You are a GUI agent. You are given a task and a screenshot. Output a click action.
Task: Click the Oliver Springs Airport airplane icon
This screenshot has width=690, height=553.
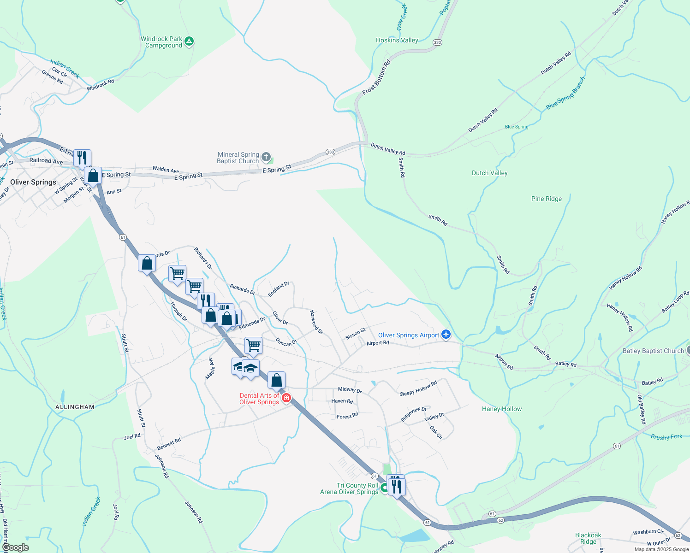[446, 335]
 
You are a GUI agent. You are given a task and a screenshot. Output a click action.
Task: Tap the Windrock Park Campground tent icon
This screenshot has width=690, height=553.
[189, 42]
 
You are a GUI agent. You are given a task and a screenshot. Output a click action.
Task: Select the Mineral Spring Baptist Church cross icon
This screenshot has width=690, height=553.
[266, 158]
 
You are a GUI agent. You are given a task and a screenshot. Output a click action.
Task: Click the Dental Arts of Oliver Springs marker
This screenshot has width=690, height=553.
[286, 398]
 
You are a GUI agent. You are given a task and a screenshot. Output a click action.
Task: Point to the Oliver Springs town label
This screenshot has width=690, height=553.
[33, 182]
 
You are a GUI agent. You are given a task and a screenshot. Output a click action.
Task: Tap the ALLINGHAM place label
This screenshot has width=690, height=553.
[75, 407]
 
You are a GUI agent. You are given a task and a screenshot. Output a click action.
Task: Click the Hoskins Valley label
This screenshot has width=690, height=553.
[397, 40]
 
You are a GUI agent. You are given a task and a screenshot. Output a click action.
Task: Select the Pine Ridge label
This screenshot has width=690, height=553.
[546, 199]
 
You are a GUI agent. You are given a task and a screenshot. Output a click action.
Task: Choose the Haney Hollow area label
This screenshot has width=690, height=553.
[501, 409]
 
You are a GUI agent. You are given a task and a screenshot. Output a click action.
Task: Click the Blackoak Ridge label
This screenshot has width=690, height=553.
[588, 538]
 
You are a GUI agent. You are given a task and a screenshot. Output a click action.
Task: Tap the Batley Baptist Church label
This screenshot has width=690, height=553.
[653, 351]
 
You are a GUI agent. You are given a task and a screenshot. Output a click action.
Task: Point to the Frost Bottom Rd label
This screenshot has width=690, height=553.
[376, 77]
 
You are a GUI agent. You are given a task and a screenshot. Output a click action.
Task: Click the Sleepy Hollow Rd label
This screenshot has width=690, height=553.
[418, 388]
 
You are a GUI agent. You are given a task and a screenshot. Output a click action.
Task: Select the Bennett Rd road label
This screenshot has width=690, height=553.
[169, 444]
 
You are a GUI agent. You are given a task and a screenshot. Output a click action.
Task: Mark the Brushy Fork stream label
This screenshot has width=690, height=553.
[666, 436]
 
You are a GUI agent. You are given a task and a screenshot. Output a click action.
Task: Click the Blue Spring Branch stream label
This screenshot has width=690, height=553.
[565, 93]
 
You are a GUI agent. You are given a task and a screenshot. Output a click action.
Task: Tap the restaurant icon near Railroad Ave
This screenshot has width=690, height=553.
[82, 158]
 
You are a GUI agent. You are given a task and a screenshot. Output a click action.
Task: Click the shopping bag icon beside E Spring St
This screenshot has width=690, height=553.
[93, 176]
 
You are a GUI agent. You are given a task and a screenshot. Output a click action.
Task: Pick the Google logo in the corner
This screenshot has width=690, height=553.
[15, 547]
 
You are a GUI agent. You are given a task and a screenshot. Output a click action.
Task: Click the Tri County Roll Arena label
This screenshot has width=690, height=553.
[349, 488]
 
